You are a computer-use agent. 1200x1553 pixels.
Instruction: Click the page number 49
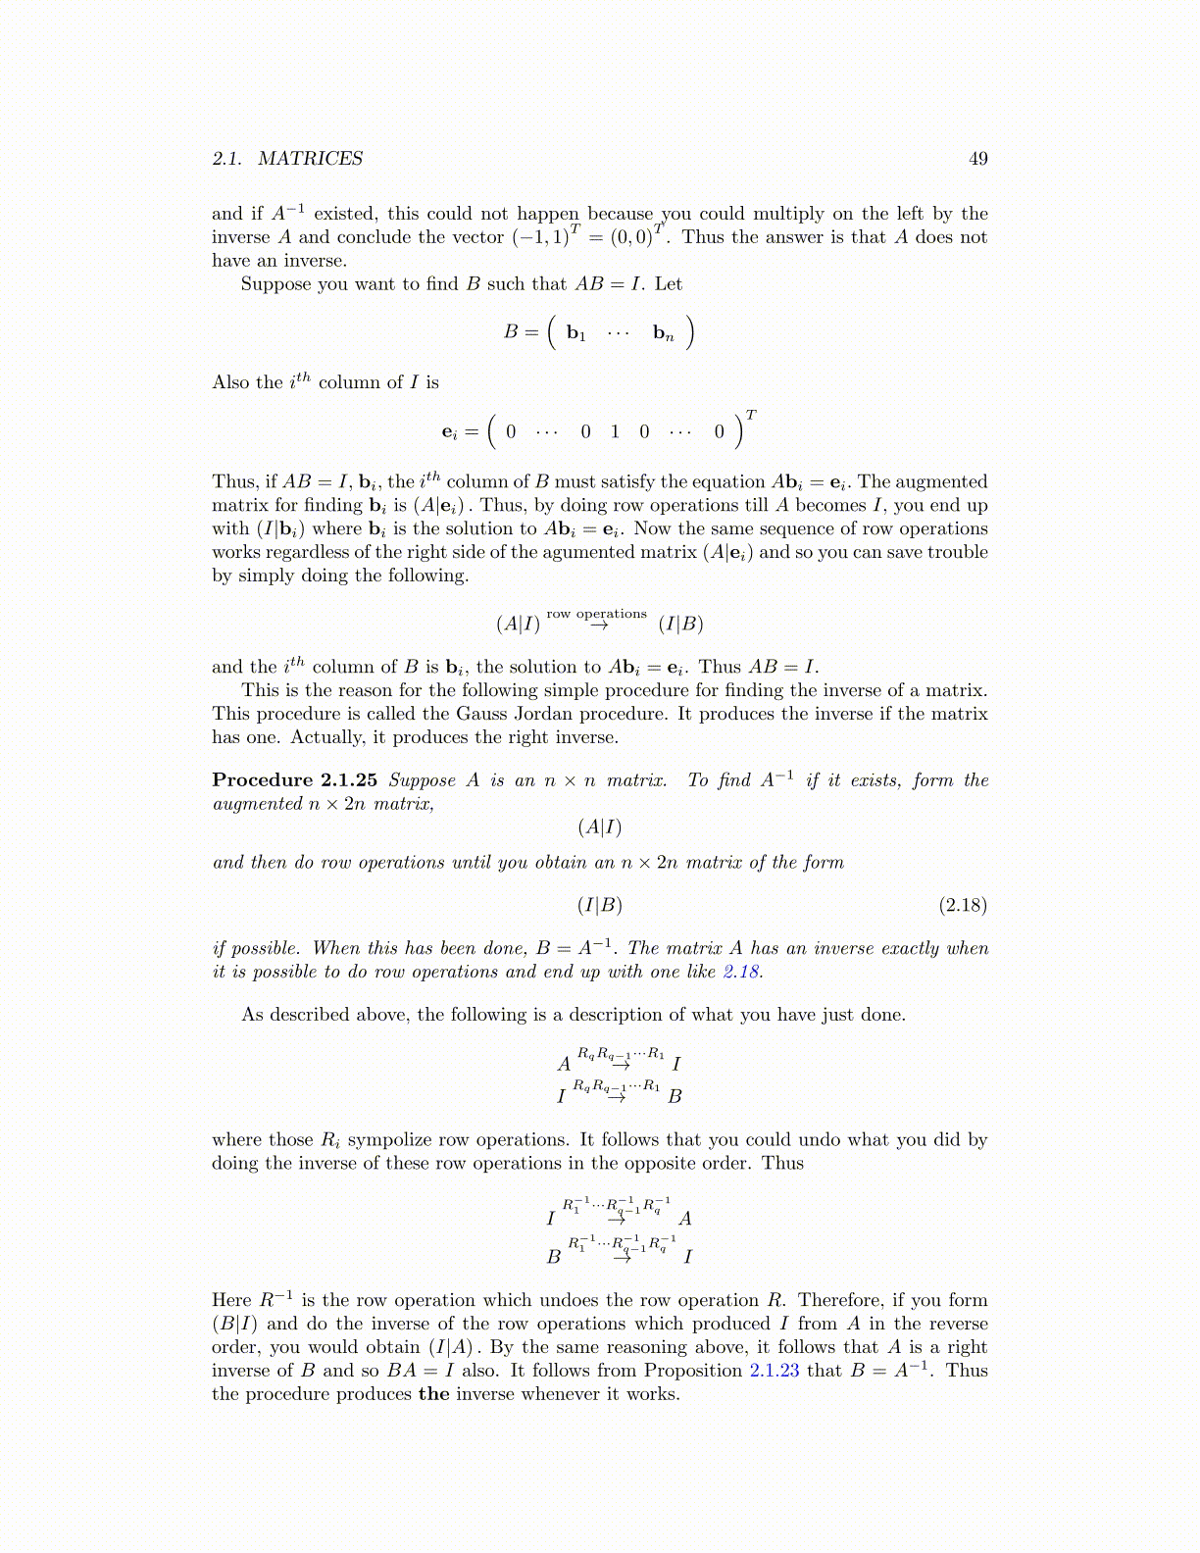977,159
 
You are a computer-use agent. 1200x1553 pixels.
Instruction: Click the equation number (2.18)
963,905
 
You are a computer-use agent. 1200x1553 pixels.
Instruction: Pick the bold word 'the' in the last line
433,1394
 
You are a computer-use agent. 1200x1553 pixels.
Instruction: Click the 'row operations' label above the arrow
596,614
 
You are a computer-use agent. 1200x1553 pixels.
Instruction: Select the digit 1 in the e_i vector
615,431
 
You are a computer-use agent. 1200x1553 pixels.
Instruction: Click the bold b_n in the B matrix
664,333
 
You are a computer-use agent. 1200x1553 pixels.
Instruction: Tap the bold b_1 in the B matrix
576,333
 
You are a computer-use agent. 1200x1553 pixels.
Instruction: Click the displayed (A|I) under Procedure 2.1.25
600,827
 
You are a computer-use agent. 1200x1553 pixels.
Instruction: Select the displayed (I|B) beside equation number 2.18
600,905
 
